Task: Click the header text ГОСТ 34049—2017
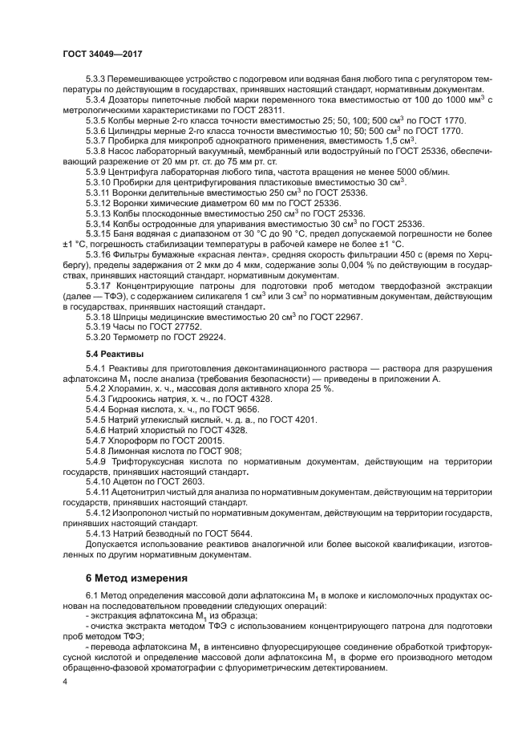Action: click(99, 52)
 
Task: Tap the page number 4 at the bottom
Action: click(64, 681)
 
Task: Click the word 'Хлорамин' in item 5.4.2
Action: click(131, 388)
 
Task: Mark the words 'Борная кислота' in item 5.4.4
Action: click(141, 409)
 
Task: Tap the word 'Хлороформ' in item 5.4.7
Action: click(134, 440)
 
